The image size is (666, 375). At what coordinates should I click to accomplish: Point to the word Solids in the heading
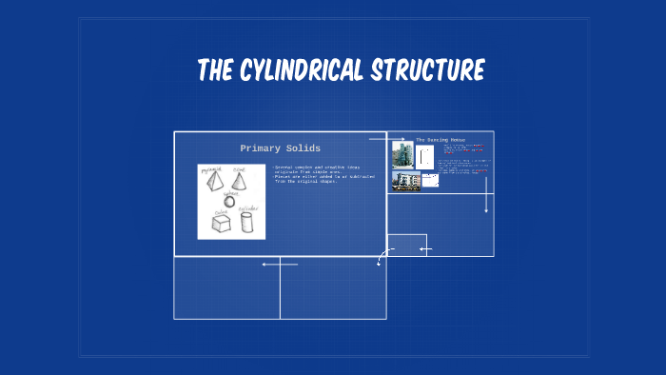[303, 148]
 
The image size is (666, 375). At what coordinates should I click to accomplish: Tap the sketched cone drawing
[239, 178]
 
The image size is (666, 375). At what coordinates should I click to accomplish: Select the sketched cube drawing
[221, 224]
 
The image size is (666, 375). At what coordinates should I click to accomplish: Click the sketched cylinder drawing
[246, 222]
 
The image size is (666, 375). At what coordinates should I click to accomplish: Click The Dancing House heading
[441, 140]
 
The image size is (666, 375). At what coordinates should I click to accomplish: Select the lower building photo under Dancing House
[405, 181]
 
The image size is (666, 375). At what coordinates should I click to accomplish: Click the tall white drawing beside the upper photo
[425, 156]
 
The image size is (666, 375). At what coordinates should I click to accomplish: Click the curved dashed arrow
[382, 256]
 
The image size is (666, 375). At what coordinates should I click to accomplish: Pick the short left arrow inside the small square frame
[425, 249]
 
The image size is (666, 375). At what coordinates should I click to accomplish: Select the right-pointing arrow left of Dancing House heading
[388, 139]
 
